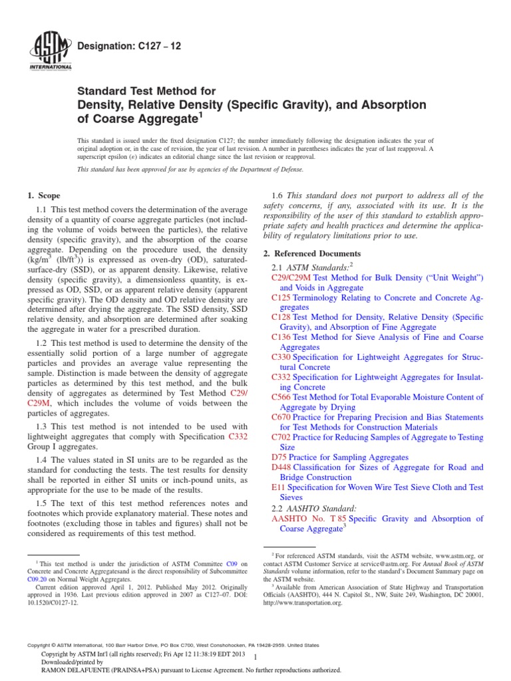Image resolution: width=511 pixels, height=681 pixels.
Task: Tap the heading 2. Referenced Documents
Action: (x=313, y=253)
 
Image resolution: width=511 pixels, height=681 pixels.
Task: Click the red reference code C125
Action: (x=281, y=298)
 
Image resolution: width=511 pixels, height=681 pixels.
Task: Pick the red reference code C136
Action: (x=281, y=337)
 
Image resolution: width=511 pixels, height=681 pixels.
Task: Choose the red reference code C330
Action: (x=281, y=357)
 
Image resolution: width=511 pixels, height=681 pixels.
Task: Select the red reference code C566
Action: (x=281, y=397)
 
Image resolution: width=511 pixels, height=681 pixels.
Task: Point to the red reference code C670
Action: (x=281, y=417)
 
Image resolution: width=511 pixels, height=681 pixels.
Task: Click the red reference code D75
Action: (x=278, y=458)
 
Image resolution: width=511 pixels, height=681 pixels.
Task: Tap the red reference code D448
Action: (x=281, y=468)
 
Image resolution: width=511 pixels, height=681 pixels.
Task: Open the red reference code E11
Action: (x=277, y=487)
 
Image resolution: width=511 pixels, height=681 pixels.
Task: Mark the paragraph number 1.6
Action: (x=279, y=196)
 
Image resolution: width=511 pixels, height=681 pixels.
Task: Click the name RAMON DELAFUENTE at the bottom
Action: (x=75, y=670)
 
